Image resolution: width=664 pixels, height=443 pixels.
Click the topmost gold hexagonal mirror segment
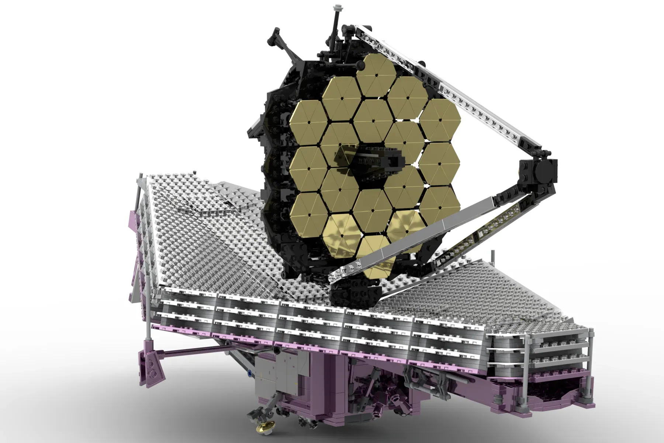[x=377, y=75]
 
